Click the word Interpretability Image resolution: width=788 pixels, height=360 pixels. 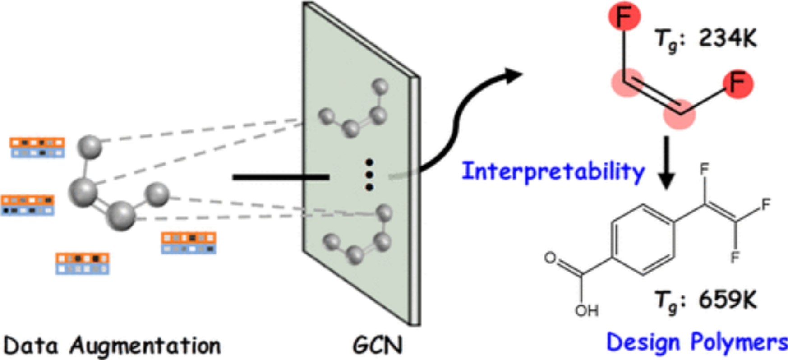(553, 171)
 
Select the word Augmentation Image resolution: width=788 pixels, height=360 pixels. (145, 346)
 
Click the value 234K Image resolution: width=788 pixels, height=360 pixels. (728, 38)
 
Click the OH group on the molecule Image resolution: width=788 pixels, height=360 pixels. (586, 310)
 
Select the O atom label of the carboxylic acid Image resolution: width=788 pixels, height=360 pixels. (550, 258)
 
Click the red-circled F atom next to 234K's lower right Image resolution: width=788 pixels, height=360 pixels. (738, 83)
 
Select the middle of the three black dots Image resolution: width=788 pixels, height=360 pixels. (369, 175)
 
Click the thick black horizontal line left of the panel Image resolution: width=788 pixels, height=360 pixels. (281, 177)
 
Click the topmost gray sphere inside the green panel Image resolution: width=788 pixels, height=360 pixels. (380, 87)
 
